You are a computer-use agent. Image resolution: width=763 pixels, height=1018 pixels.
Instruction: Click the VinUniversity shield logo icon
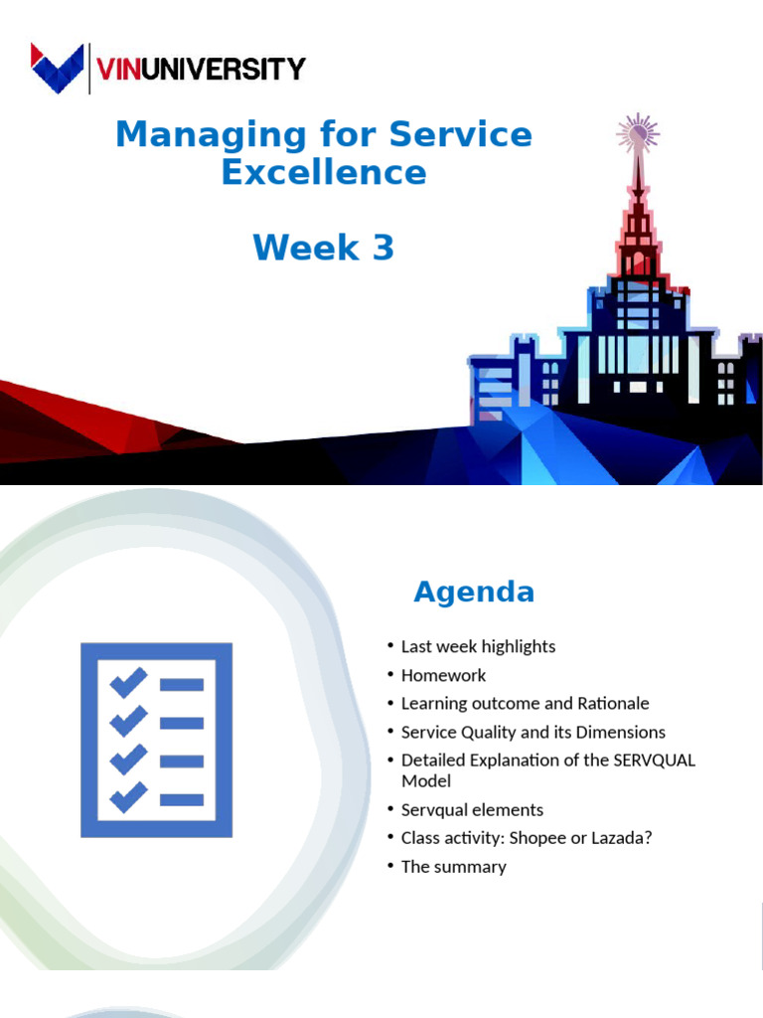tap(58, 68)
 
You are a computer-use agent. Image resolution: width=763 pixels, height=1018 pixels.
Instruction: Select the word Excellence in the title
tap(324, 172)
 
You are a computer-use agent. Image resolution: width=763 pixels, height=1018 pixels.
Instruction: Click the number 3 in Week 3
tap(383, 248)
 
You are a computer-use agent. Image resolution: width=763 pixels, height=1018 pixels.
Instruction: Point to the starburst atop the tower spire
tap(637, 132)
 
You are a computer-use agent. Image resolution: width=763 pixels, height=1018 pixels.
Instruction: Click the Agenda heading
tap(474, 593)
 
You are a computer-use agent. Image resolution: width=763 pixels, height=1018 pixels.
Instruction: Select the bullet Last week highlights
tap(478, 646)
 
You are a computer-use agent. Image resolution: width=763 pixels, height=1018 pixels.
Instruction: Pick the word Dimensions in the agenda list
tap(620, 732)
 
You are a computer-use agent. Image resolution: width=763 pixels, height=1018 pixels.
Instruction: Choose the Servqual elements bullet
tap(472, 809)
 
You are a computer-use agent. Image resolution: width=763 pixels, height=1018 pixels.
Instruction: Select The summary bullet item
tap(453, 866)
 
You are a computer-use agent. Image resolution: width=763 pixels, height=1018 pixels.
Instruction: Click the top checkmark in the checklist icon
tap(128, 683)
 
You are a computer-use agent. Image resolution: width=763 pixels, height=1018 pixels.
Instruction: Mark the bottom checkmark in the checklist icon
tap(128, 797)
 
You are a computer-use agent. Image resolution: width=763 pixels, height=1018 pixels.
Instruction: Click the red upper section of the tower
tap(637, 239)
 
